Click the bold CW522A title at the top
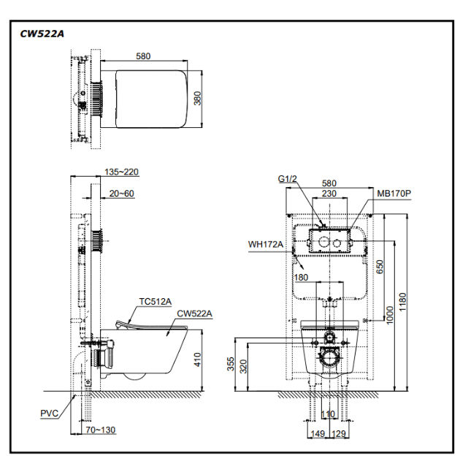point(42,34)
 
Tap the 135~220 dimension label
point(121,172)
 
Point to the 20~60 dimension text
point(121,193)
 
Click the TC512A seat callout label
point(156,301)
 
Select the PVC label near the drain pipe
point(50,414)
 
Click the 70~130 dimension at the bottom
point(100,430)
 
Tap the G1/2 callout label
point(288,179)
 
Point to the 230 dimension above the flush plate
point(329,194)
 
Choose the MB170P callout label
point(394,194)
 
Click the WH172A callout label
point(265,244)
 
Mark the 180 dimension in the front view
point(302,277)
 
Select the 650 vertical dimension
point(380,267)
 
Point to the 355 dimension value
point(231,364)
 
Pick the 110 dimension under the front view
point(328,414)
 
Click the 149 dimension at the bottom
point(318,433)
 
